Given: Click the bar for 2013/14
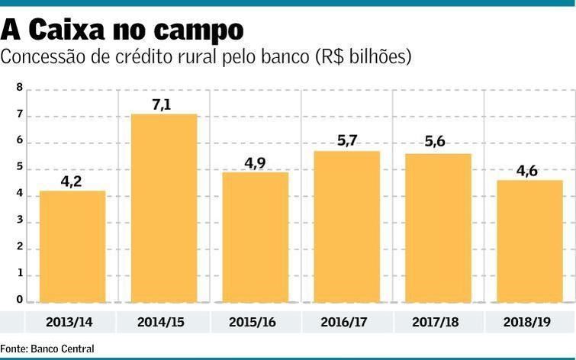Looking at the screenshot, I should [72, 246].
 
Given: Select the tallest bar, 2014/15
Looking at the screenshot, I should [164, 207].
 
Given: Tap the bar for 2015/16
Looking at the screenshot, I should [256, 236].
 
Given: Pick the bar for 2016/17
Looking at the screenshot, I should [347, 226].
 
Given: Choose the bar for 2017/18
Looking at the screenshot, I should [438, 227].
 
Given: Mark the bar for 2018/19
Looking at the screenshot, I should [529, 240].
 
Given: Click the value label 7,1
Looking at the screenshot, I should [163, 104].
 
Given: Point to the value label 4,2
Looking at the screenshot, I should [72, 182].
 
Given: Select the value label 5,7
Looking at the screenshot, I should [346, 142].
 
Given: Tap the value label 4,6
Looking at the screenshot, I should [527, 171].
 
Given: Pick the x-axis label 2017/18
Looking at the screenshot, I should [438, 321].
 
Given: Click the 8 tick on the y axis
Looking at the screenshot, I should [19, 89].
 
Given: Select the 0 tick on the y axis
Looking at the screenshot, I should [19, 301].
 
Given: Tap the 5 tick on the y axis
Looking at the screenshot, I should [19, 169].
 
